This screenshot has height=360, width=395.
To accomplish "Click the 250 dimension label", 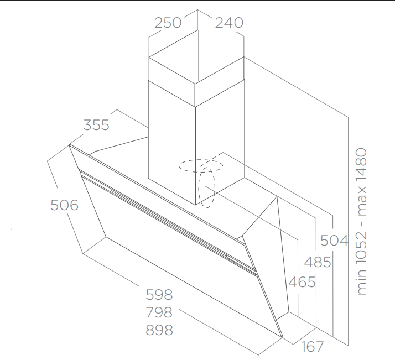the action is click(x=168, y=23).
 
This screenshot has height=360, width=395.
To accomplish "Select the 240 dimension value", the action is click(x=229, y=23).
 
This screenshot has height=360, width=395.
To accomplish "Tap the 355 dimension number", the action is click(x=96, y=125).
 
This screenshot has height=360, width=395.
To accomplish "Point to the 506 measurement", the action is click(x=65, y=205).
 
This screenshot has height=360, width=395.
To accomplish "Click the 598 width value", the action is click(x=159, y=294).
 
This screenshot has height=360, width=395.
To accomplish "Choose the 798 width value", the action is click(x=159, y=312).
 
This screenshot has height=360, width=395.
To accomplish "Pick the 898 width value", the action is click(x=159, y=330).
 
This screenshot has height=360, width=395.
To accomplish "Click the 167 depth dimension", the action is click(x=313, y=347).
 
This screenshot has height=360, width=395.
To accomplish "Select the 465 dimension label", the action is click(x=302, y=282).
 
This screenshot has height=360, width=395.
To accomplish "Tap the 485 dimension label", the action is click(x=318, y=262).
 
